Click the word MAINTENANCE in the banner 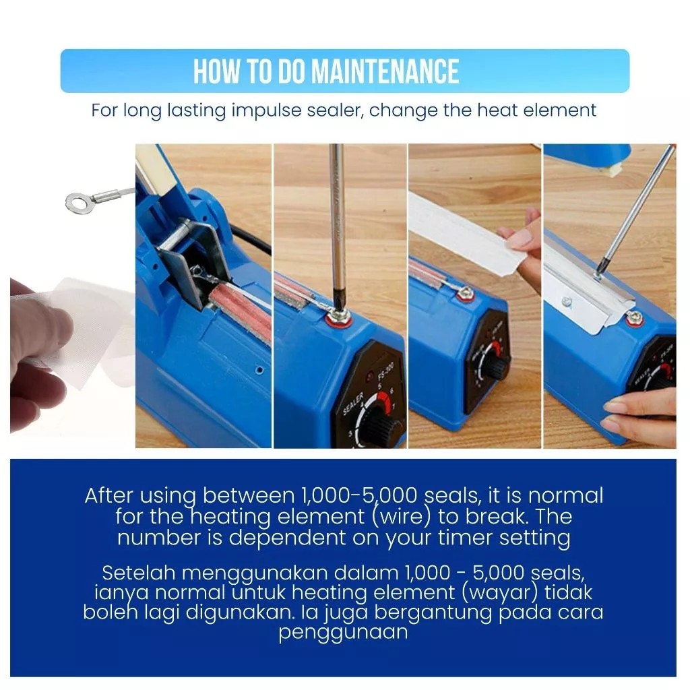click(385, 71)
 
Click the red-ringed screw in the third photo click(465, 293)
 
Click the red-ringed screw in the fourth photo click(635, 318)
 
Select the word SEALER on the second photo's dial click(353, 404)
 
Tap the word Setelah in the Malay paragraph click(139, 573)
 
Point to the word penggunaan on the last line click(343, 633)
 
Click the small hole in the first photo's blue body click(260, 370)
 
